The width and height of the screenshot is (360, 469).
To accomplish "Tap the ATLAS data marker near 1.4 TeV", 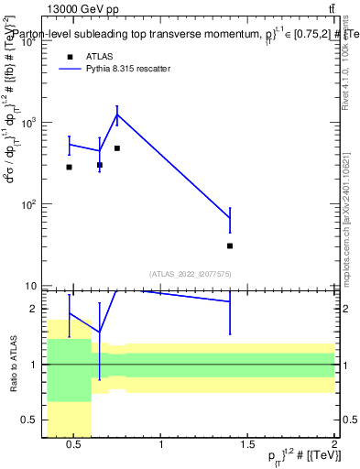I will coord(230,245).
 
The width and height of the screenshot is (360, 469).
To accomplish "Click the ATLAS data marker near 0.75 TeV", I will coord(117,148).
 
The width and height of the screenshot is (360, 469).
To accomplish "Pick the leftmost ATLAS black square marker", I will coord(70,167).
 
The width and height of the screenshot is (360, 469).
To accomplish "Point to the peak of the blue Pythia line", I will coord(117,115).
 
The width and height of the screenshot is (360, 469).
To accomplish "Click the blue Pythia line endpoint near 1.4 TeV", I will coord(230,218).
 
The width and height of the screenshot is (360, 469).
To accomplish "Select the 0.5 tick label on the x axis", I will coord(74,446).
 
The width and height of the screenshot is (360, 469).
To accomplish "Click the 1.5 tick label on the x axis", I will coord(247,446).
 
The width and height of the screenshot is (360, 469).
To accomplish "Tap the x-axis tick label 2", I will coord(333,446).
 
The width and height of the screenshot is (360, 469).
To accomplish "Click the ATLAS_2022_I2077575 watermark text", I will coord(191,273).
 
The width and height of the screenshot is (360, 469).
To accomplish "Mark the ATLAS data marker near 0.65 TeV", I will coord(100,165).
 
